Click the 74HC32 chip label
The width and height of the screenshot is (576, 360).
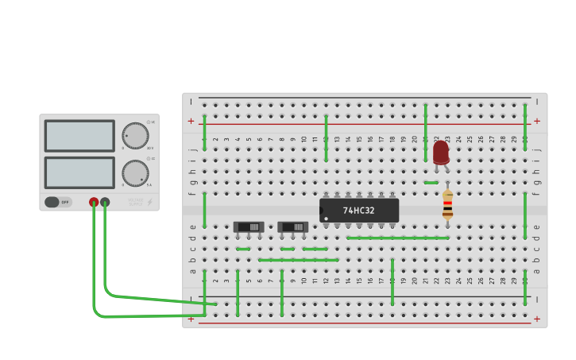coord(359,211)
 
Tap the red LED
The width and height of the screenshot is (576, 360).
coord(440,152)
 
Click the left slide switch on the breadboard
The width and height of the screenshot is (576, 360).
coord(249,227)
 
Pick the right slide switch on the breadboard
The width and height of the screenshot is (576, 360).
coord(292,227)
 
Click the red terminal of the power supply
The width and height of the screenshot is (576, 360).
coord(94,202)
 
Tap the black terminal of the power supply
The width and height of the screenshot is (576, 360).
coord(105,202)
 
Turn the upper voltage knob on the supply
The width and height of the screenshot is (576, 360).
coord(135,135)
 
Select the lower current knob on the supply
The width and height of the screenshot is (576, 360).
coord(135,172)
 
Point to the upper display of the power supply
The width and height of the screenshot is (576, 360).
coord(79,136)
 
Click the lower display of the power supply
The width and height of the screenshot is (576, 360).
coord(79,172)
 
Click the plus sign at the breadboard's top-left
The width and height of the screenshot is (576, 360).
coord(191,121)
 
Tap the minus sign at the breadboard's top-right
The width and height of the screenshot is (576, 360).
coord(537,102)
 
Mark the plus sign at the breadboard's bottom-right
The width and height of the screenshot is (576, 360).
coord(537,319)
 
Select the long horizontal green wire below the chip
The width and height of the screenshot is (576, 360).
coord(398,238)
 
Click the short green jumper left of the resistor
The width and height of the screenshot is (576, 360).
coord(431,183)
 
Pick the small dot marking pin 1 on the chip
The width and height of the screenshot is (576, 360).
coord(326,219)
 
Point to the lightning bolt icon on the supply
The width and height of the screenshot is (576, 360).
coord(149,203)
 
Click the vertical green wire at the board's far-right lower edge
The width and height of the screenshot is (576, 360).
coord(525,287)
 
